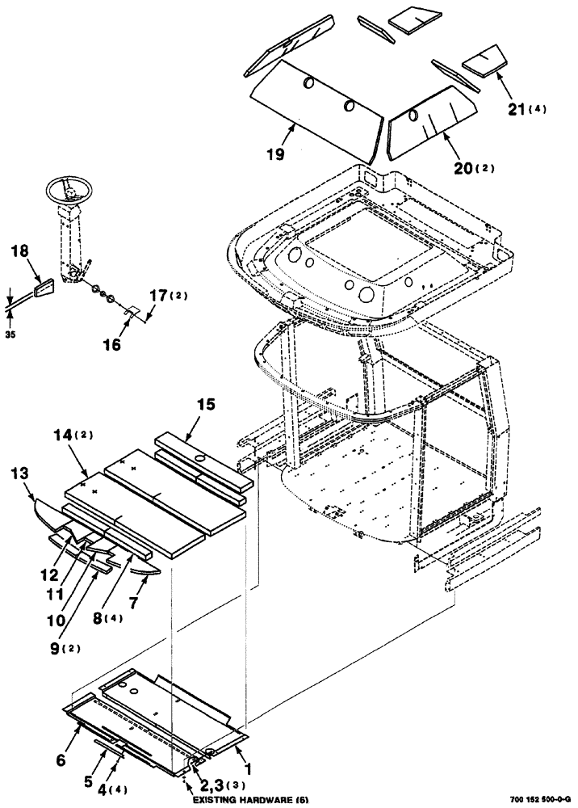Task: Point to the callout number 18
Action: tap(20, 253)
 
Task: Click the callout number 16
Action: tap(111, 344)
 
